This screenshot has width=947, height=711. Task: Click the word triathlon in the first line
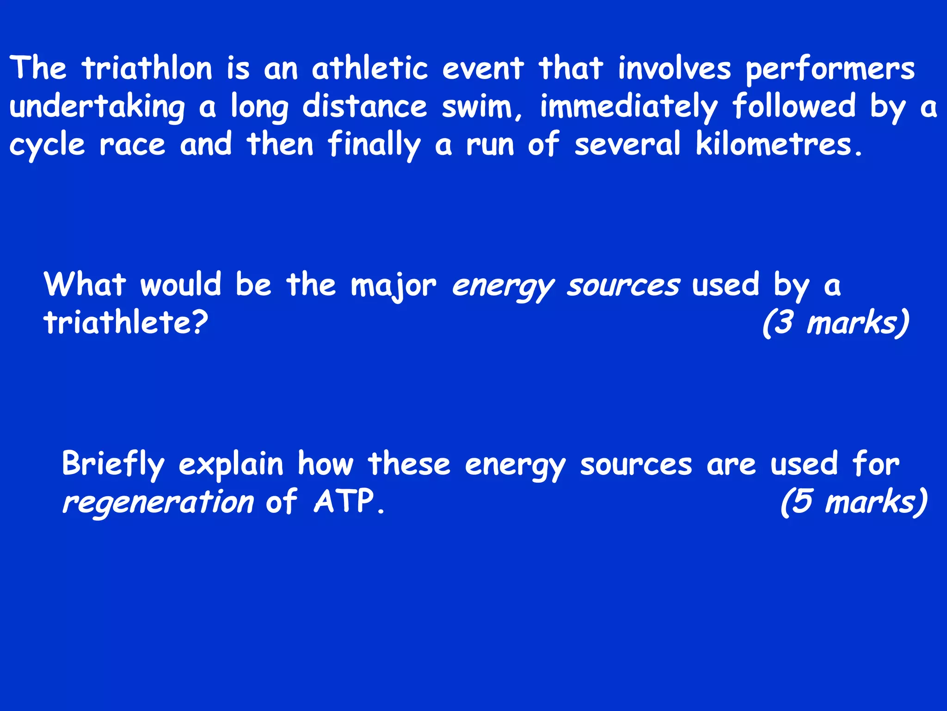[x=147, y=69]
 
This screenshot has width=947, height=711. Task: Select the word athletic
[x=370, y=69]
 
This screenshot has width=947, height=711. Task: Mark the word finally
[x=374, y=144]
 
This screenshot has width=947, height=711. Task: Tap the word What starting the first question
[x=85, y=284]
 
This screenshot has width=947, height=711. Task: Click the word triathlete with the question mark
[x=125, y=322]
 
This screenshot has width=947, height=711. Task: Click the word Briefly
[x=113, y=464]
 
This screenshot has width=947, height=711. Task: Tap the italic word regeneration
[x=158, y=502]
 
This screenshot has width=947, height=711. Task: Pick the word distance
[x=365, y=106]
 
